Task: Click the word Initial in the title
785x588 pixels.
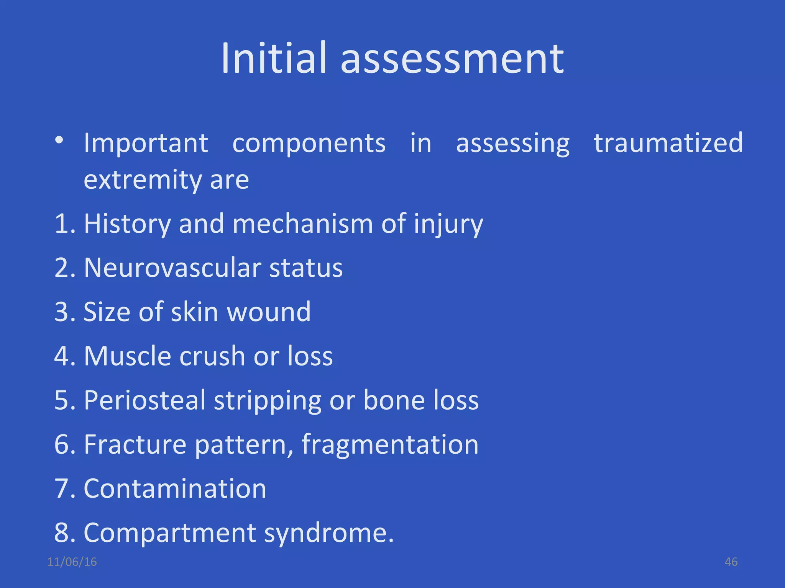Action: tap(274, 58)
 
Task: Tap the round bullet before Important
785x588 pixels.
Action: tap(59, 140)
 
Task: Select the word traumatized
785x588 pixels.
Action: tap(668, 142)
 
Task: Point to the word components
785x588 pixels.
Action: tap(309, 143)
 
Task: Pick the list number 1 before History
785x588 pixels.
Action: tap(62, 224)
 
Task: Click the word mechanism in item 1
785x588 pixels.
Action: tap(303, 224)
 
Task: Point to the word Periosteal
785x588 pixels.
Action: tap(145, 400)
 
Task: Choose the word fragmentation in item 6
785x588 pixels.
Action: tap(390, 445)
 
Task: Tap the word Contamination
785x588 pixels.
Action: tap(175, 489)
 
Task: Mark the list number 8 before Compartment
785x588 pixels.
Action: tap(62, 533)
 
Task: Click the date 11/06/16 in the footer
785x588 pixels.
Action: tap(72, 562)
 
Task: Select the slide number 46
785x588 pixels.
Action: tap(731, 562)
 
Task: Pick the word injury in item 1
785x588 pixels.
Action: tap(448, 224)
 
